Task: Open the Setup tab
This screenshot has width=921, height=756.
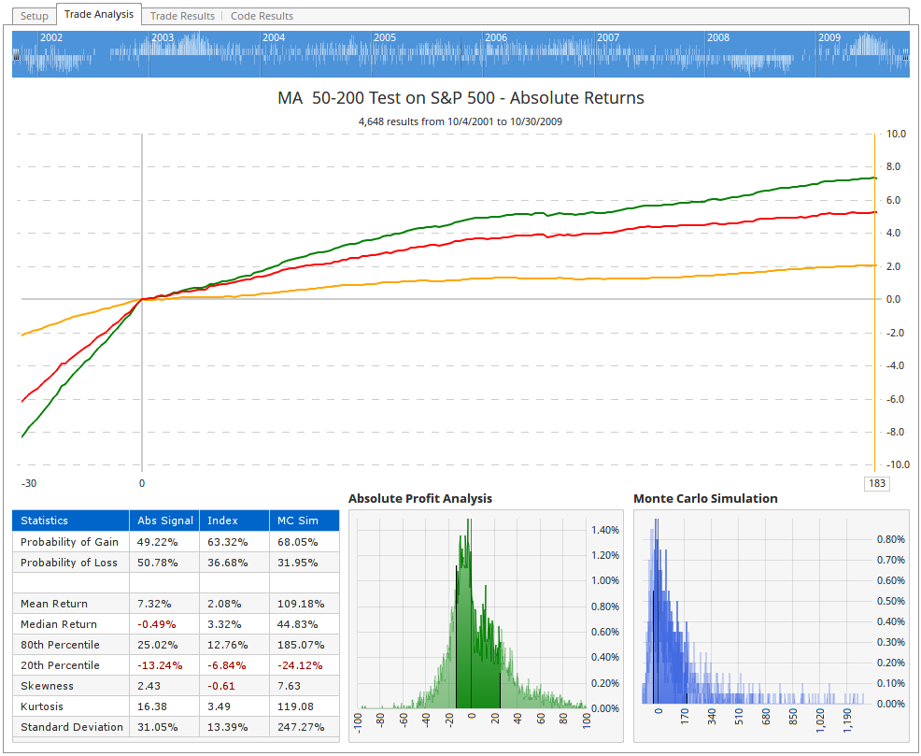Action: [35, 16]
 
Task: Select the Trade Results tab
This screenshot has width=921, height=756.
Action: [182, 16]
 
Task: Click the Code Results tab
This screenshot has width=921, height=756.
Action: [262, 16]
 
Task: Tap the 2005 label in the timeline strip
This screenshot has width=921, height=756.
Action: [385, 37]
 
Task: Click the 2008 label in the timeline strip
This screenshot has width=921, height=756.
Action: [718, 37]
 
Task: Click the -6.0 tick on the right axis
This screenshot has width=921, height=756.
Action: [894, 399]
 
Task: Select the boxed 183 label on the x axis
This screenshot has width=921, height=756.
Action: [876, 483]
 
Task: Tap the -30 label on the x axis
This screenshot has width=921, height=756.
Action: [29, 483]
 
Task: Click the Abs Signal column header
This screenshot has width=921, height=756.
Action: [165, 521]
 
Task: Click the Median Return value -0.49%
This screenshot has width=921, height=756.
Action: [156, 624]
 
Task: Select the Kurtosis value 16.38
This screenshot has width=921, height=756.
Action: [152, 706]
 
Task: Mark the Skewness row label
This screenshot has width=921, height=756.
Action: [47, 686]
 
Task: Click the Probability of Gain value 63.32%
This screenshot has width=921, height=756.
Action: [228, 542]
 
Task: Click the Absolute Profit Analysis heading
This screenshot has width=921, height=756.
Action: [419, 499]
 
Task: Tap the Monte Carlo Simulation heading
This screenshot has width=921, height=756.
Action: [705, 499]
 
